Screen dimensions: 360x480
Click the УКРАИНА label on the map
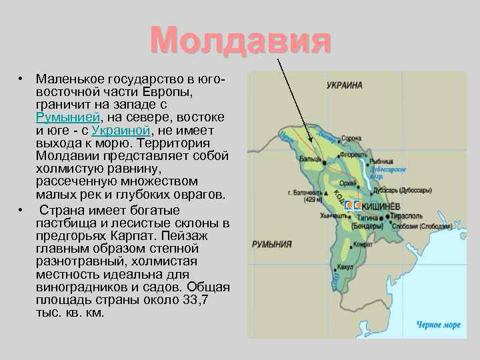pyautogui.click(x=345, y=85)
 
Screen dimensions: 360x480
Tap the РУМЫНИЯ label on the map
pyautogui.click(x=271, y=245)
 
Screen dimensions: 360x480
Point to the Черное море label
pyautogui.click(x=438, y=325)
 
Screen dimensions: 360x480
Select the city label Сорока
pyautogui.click(x=351, y=139)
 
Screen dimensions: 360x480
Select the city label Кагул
pyautogui.click(x=345, y=267)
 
